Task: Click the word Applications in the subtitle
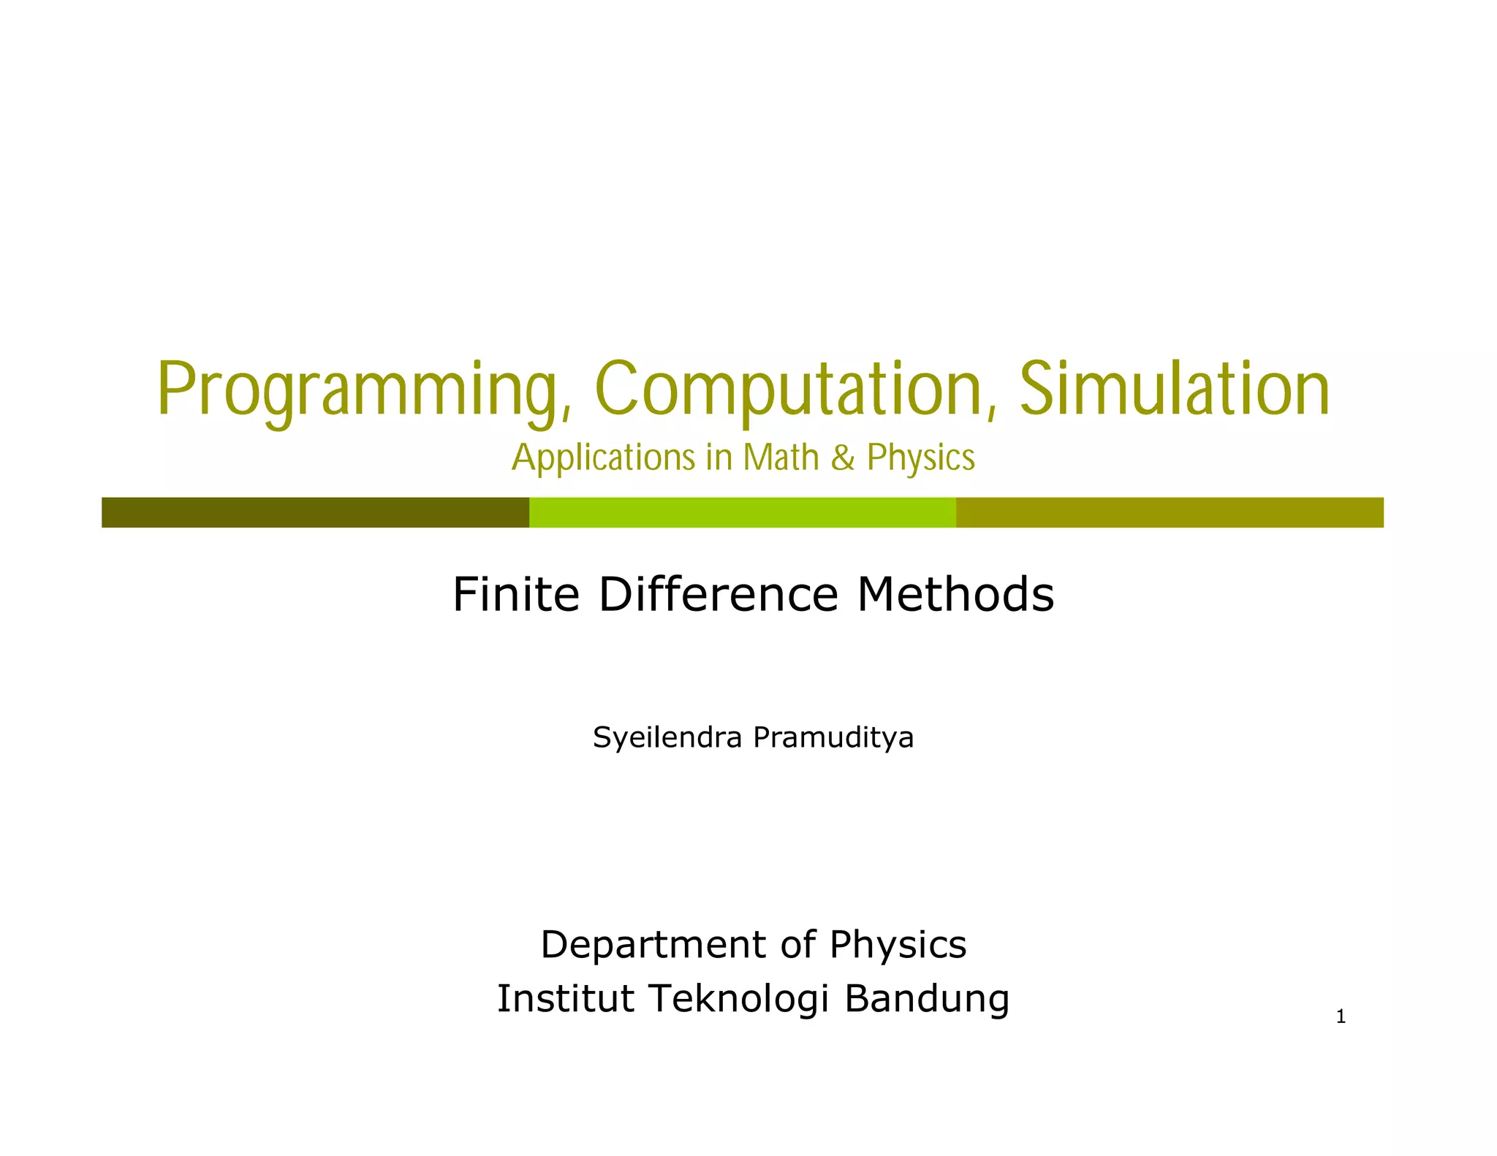pyautogui.click(x=603, y=458)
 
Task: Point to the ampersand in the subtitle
pyautogui.click(x=843, y=458)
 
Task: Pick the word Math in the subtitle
pyautogui.click(x=781, y=458)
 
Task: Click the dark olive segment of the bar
pyautogui.click(x=314, y=512)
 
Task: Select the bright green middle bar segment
pyautogui.click(x=742, y=512)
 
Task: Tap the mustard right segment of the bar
pyautogui.click(x=1170, y=512)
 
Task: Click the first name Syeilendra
pyautogui.click(x=667, y=738)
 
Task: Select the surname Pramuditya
pyautogui.click(x=833, y=738)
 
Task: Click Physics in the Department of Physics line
pyautogui.click(x=898, y=946)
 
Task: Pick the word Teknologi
pyautogui.click(x=739, y=1000)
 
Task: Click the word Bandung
pyautogui.click(x=927, y=1000)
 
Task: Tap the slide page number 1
pyautogui.click(x=1340, y=1017)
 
